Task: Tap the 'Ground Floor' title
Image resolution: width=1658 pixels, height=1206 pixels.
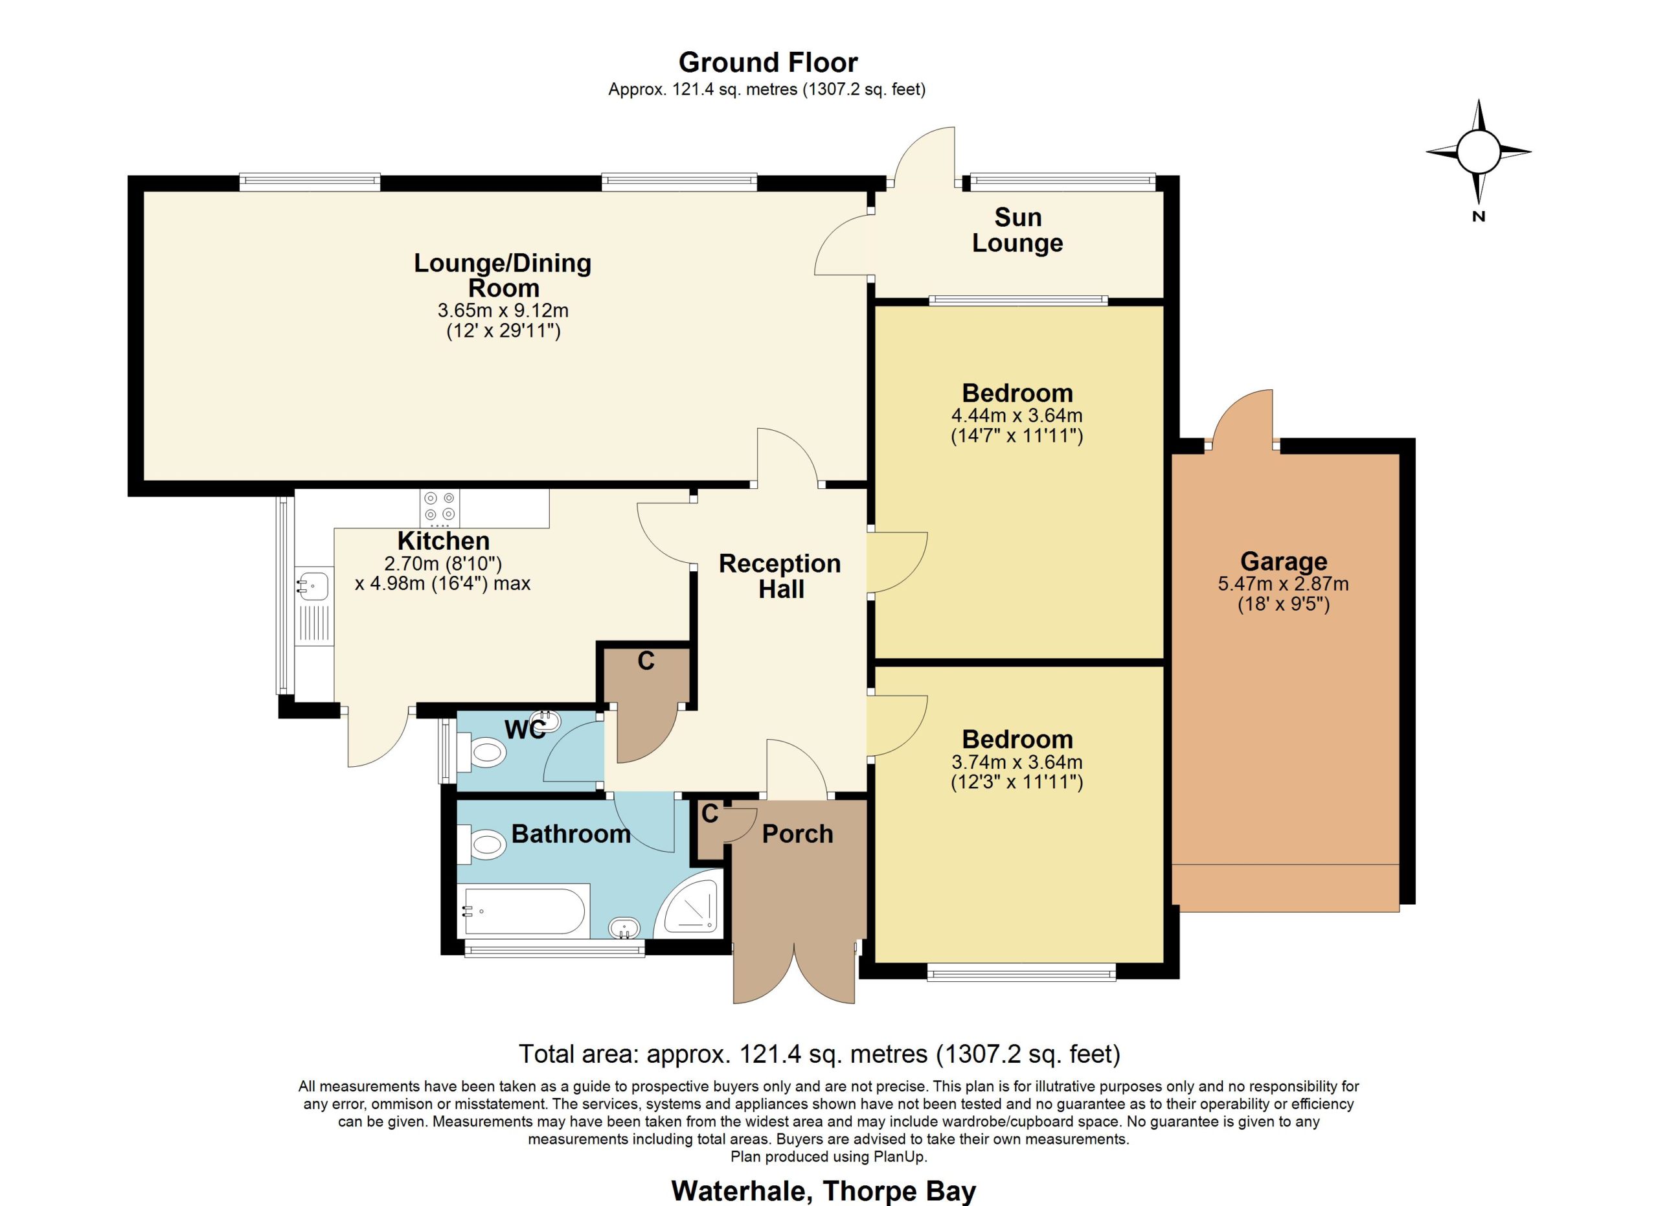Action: point(767,63)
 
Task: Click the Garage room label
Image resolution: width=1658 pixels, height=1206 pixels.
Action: point(1283,562)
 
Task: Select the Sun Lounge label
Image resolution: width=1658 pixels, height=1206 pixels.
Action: point(1017,229)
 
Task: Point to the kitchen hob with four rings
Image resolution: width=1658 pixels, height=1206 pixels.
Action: point(439,507)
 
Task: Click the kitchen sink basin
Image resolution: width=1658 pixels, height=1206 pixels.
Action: point(313,585)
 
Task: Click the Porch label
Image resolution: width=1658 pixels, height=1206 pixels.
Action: point(797,834)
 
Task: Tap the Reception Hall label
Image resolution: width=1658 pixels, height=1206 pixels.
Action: point(780,576)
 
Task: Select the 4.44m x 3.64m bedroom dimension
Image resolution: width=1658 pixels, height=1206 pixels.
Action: point(1016,426)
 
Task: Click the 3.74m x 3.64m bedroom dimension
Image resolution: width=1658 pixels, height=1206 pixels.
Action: point(1016,773)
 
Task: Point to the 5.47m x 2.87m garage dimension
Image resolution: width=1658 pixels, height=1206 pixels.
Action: point(1283,594)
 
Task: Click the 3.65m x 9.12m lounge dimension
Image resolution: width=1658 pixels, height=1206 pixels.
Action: point(503,321)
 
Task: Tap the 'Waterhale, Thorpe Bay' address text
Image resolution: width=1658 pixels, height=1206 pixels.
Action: point(823,1191)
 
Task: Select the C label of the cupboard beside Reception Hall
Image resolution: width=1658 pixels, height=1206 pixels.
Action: point(646,661)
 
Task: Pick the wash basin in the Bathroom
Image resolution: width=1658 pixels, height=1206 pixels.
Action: point(624,928)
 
